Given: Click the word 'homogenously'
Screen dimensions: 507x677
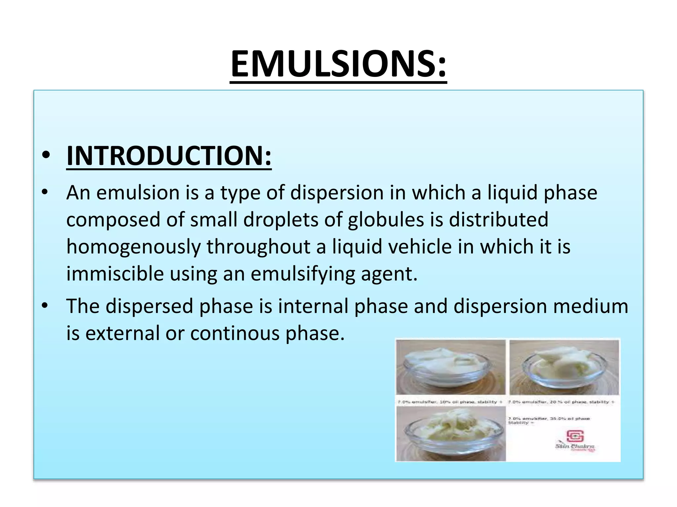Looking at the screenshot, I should pyautogui.click(x=134, y=247).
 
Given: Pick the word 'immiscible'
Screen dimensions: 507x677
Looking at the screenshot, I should pyautogui.click(x=115, y=274).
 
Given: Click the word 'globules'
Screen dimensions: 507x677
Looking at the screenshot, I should pyautogui.click(x=386, y=220).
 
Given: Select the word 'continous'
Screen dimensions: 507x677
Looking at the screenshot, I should pyautogui.click(x=235, y=333).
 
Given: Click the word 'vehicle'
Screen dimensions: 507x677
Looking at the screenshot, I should pyautogui.click(x=419, y=247).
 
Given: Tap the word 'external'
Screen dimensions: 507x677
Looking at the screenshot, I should pyautogui.click(x=123, y=333).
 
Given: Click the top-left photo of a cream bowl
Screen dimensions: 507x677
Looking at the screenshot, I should pyautogui.click(x=451, y=367).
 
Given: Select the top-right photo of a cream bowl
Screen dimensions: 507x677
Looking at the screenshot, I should pyautogui.click(x=564, y=367).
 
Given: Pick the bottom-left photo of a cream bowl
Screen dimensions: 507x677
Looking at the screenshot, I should pyautogui.click(x=451, y=433).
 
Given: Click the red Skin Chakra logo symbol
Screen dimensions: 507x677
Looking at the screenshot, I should pyautogui.click(x=575, y=436).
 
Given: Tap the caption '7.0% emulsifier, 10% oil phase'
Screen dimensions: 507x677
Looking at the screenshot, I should pyautogui.click(x=450, y=402).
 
